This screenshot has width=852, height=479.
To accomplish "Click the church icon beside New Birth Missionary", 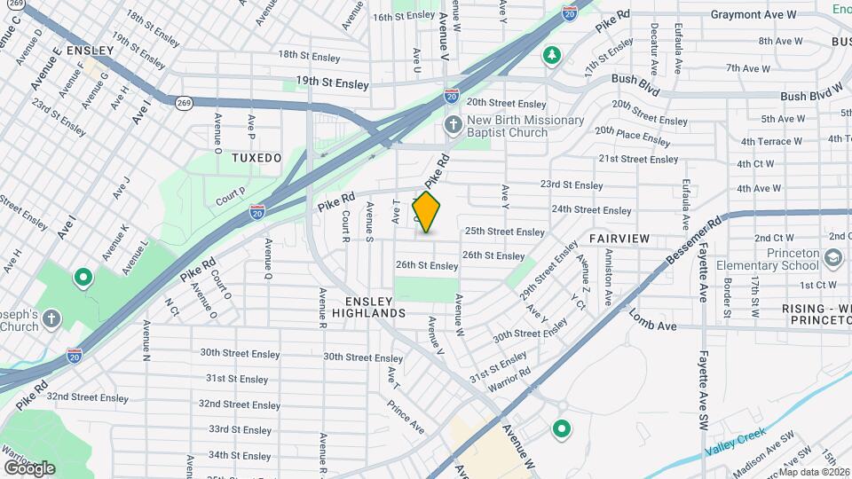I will tap(453, 124).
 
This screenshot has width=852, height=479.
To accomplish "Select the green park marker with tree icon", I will tap(552, 56).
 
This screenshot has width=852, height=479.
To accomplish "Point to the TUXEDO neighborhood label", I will tap(256, 158).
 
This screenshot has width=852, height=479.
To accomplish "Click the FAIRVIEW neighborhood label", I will tap(619, 239).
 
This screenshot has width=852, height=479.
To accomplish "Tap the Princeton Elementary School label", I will tap(779, 258).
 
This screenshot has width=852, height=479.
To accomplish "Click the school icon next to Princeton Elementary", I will tap(833, 257).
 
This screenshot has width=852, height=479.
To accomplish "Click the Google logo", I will tap(29, 467).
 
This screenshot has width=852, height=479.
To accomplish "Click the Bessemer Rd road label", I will tap(695, 241).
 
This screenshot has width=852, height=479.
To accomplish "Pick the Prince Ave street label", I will tap(405, 417).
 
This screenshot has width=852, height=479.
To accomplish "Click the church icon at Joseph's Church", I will tap(51, 318).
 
